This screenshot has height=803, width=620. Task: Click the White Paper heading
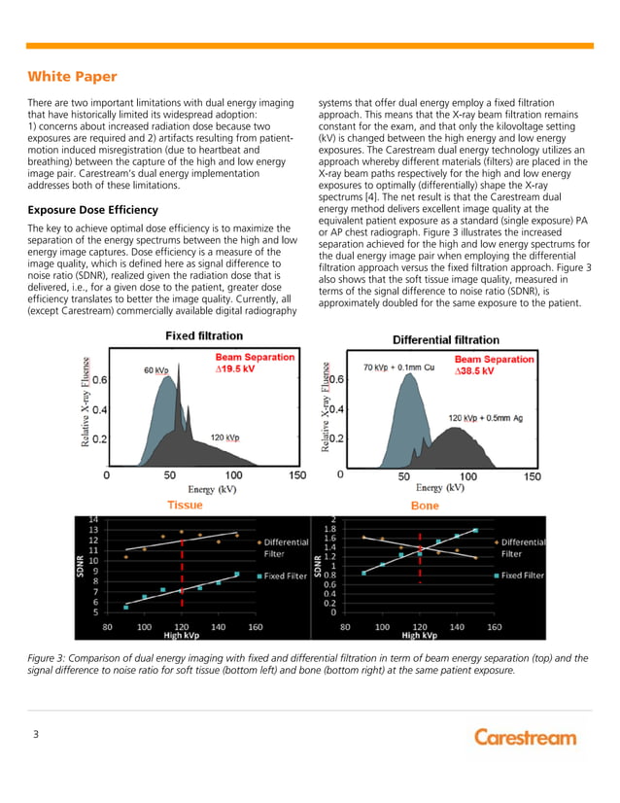pos(72,76)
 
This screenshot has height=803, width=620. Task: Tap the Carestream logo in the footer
pos(525,737)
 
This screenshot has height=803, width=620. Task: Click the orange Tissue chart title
pos(185,506)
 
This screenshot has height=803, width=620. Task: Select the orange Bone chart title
pos(425,506)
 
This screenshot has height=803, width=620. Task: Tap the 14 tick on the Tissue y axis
pos(93,519)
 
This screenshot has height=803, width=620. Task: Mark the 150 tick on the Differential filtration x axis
pos(533,476)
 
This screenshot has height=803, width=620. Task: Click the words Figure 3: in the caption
pos(50,658)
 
